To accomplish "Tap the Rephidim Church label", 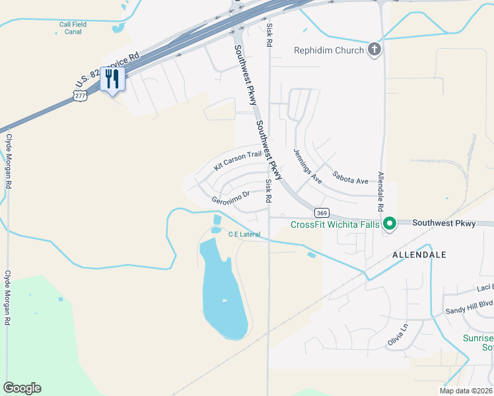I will point(329,50).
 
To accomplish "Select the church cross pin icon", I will point(374,49).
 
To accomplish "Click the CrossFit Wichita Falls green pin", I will point(390,224).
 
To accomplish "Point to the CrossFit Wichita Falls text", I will point(335,224).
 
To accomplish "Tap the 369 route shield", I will point(322,213).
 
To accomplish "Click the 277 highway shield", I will point(80,96).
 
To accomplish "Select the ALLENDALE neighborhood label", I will point(419,254).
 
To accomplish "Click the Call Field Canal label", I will point(73,28).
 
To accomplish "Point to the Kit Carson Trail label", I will point(238,161).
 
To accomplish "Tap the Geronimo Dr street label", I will point(230,197).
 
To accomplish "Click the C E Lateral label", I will point(244,234).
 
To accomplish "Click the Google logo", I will point(22,388).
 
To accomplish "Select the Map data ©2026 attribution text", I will point(466,391).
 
